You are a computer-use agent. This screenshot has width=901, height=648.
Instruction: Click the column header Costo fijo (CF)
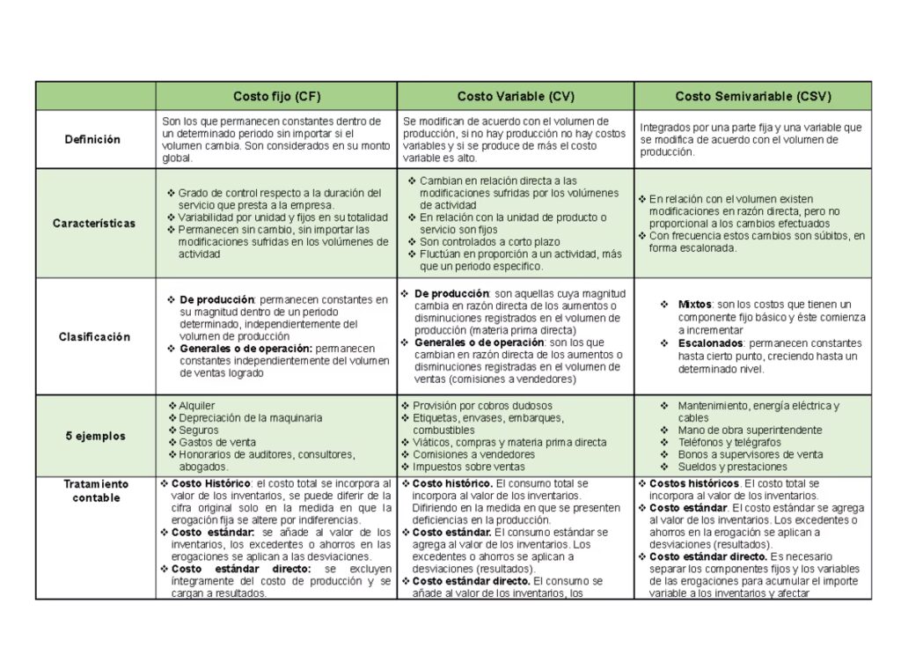pos(276,96)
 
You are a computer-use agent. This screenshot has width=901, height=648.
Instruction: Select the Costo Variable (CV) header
pos(515,96)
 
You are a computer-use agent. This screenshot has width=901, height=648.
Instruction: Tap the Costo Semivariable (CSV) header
pos(753,96)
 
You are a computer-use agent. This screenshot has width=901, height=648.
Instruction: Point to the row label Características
pos(94,223)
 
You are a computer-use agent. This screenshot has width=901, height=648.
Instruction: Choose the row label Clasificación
pos(94,336)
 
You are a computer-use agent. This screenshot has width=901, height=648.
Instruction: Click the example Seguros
pos(199,430)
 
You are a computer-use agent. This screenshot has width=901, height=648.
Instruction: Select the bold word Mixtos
pos(695,305)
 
